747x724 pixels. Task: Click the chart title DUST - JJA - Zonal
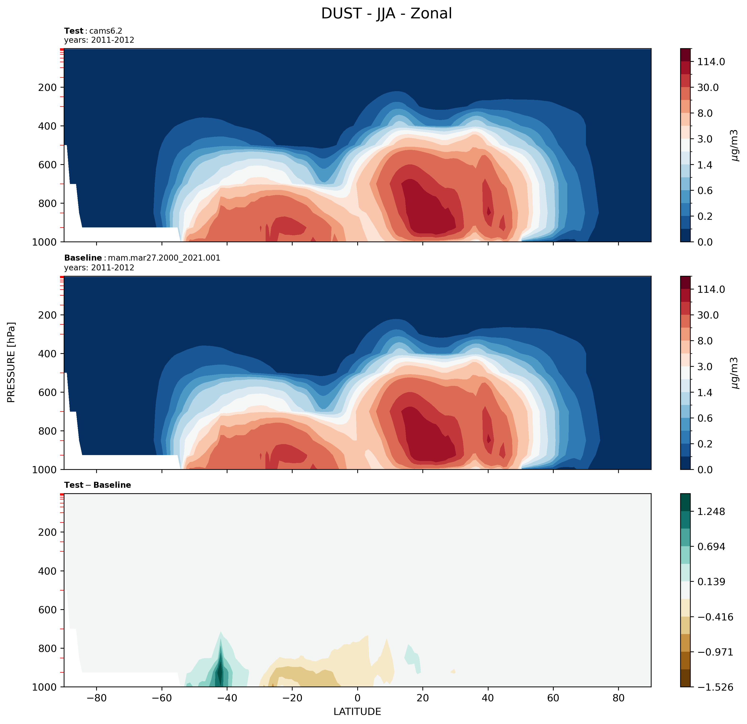386,14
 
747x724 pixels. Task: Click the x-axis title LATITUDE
357,711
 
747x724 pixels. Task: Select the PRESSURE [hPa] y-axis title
11,362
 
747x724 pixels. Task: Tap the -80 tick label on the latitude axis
96,698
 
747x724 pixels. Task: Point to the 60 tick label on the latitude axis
553,698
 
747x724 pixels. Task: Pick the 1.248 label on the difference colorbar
711,511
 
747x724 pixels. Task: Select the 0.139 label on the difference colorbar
711,582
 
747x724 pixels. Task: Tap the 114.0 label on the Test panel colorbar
711,62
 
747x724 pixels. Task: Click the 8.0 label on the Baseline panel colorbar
705,341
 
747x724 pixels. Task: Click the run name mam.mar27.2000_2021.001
164,258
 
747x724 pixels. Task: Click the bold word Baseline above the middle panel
83,258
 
